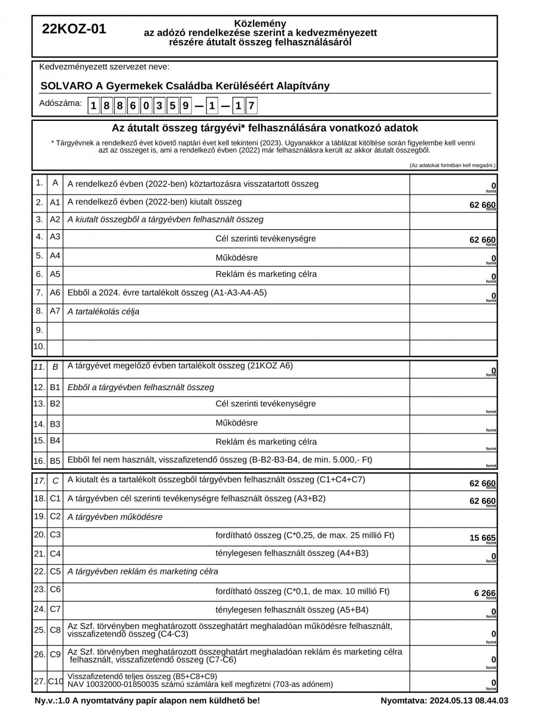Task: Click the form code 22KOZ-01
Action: (74, 29)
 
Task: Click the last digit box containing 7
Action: (252, 107)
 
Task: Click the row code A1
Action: (55, 202)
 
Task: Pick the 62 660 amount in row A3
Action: (483, 240)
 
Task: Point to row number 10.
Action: (39, 346)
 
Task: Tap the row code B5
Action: (55, 461)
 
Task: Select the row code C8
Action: (55, 629)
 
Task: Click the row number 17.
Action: (39, 480)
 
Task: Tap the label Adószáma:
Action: (60, 103)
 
